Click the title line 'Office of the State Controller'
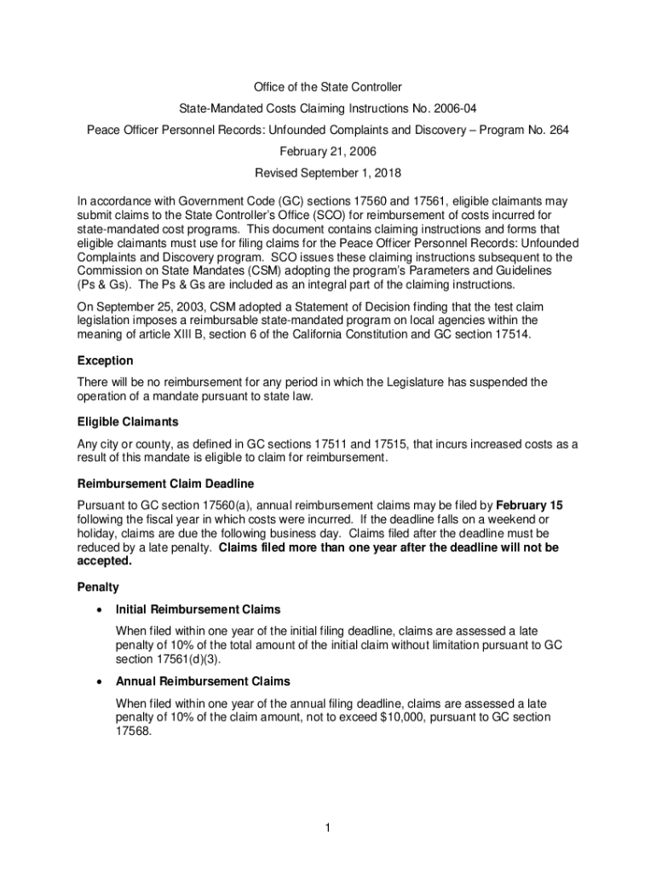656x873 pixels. point(327,87)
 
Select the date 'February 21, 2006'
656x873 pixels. point(327,151)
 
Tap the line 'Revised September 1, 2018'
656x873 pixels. point(327,172)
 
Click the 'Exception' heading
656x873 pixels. point(105,361)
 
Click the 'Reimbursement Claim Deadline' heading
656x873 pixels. point(165,483)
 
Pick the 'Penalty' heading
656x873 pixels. point(98,587)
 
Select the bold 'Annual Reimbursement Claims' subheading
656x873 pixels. point(203,681)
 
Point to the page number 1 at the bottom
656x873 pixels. point(327,828)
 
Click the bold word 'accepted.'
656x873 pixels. point(104,562)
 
